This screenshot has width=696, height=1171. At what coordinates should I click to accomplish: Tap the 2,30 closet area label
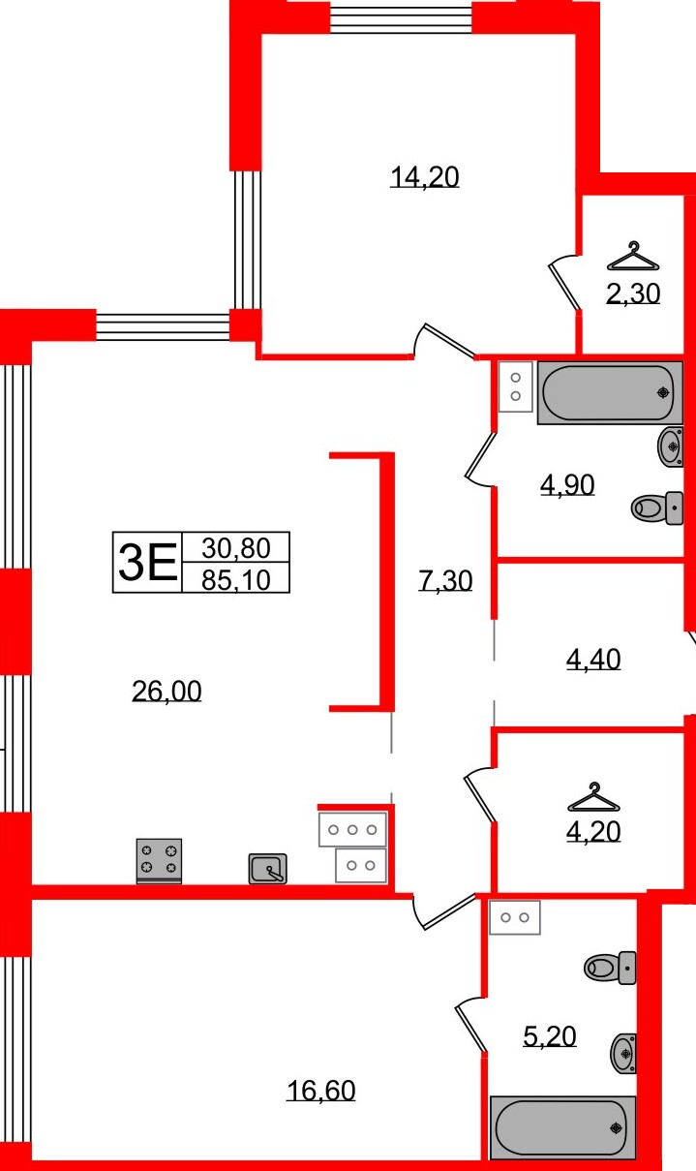(x=632, y=293)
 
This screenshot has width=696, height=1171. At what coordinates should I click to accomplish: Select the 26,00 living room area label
(x=166, y=691)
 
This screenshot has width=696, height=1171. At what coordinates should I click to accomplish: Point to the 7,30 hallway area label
(x=445, y=581)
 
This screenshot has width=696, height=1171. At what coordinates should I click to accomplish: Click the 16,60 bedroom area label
(x=320, y=1091)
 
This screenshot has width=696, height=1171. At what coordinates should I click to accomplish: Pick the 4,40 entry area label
(x=592, y=660)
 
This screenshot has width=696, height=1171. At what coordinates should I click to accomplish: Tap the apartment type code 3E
(x=147, y=563)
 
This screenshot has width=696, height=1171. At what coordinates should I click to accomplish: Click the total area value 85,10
(x=235, y=579)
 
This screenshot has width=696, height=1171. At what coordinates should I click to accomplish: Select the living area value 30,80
(x=235, y=548)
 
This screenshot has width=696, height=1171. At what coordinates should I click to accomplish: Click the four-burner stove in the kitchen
(x=159, y=860)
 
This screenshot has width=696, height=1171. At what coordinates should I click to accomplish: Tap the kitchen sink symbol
(x=267, y=869)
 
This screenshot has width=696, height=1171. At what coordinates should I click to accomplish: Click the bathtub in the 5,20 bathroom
(x=562, y=1127)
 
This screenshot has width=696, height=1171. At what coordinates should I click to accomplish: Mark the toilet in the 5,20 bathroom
(x=611, y=967)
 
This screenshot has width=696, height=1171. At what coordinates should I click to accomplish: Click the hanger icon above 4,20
(x=593, y=798)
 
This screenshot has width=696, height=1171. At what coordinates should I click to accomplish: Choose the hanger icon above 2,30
(x=632, y=257)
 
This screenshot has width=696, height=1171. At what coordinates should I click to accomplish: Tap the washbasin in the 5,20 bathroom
(x=623, y=1052)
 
